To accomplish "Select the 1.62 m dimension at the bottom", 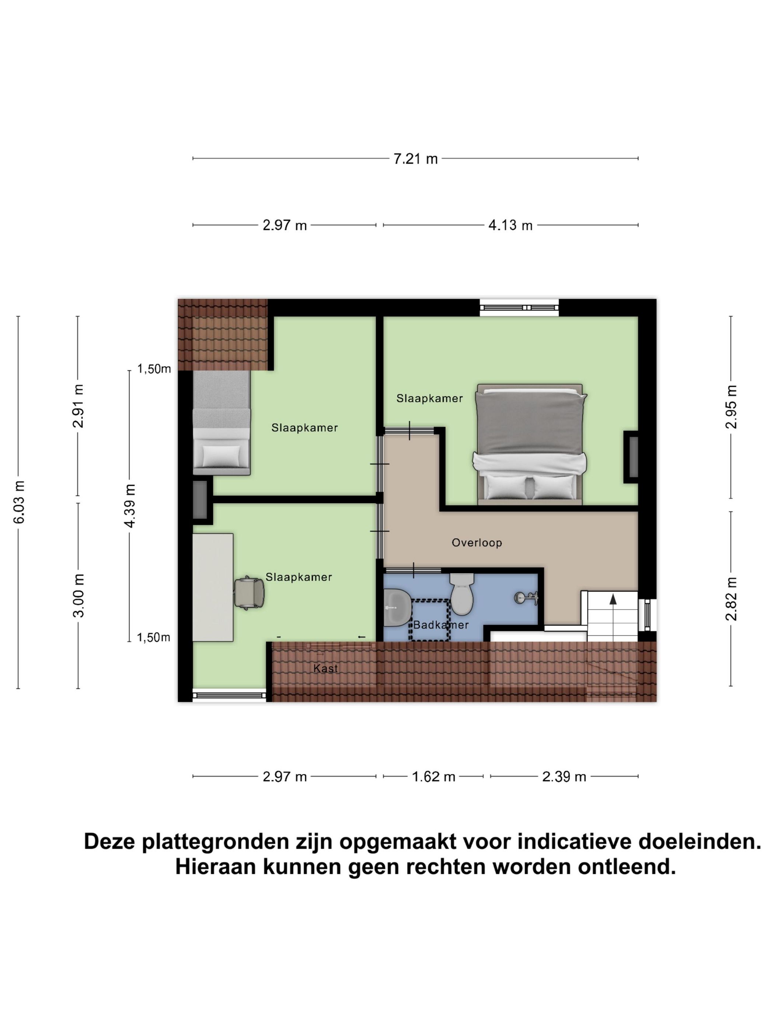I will (433, 776).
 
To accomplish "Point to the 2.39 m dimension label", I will (564, 776).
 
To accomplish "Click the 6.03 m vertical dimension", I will (19, 502).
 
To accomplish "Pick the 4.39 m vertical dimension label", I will (130, 506).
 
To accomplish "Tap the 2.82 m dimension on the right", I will (731, 599).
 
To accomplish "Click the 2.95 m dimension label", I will (731, 407).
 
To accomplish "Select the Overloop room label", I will (476, 543).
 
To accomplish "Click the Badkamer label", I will (440, 625).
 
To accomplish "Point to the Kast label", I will (325, 669).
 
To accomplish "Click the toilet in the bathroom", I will (461, 594).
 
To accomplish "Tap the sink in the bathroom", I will (397, 607).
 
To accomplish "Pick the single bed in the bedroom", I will (222, 422).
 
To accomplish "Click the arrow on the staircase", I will (613, 600).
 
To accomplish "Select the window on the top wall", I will (519, 307).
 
